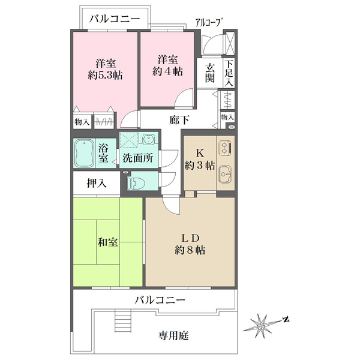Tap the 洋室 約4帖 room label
[167, 65]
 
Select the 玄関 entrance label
[211, 73]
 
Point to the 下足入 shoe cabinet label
[229, 73]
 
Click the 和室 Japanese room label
[107, 242]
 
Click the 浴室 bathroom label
[104, 153]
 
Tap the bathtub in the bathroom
[84, 153]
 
